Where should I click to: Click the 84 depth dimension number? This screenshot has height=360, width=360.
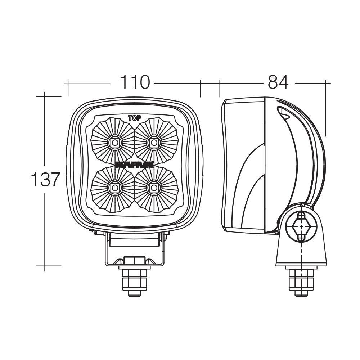(278, 82)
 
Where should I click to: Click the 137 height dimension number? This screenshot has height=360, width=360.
(45, 179)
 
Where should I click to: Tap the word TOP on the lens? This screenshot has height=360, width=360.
(134, 117)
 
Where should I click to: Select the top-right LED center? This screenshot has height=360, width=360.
(154, 143)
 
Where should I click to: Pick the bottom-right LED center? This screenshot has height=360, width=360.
(154, 188)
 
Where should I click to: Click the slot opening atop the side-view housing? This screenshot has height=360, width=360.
(284, 112)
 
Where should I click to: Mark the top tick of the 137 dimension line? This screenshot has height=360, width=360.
(45, 96)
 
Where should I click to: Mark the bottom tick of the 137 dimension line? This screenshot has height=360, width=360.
(45, 266)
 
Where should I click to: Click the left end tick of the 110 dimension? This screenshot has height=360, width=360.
(68, 84)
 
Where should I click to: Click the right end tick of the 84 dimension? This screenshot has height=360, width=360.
(326, 84)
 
